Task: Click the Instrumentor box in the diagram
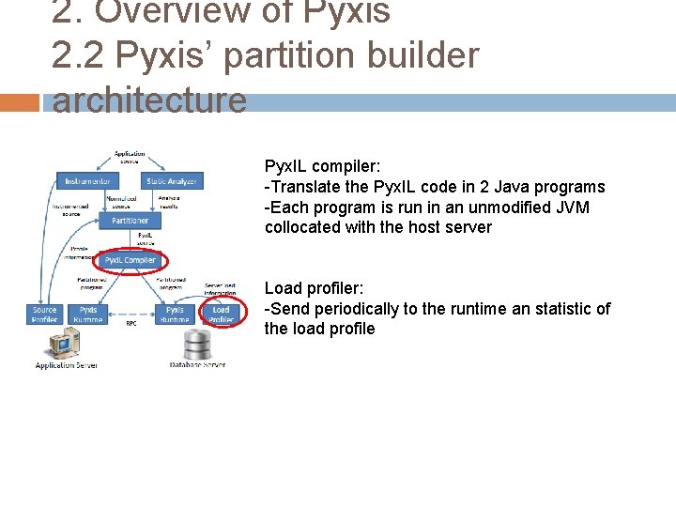pos(87,181)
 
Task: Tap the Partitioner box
pos(130,221)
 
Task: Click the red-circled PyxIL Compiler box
pos(130,260)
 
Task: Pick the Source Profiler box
pos(44,315)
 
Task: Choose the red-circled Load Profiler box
pos(222,315)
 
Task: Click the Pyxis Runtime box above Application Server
pos(88,315)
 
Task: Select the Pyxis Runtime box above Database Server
pos(175,315)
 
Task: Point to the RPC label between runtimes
pos(131,323)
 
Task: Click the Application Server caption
pos(66,365)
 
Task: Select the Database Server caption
pos(198,365)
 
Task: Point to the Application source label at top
pos(130,157)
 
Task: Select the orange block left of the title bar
pos(20,102)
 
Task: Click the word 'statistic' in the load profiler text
pos(567,309)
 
